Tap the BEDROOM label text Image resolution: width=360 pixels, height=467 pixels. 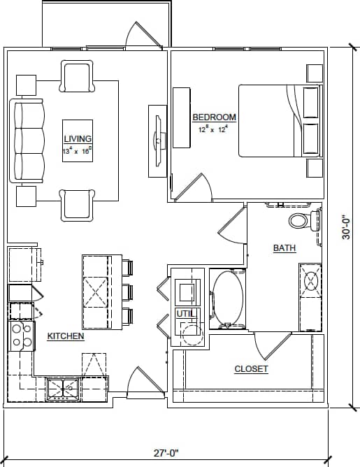point(214,117)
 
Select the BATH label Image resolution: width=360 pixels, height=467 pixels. point(285,248)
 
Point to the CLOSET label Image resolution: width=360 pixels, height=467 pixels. point(251,368)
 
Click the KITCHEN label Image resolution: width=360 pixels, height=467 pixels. point(66,336)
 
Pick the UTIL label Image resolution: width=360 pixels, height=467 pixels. point(185,313)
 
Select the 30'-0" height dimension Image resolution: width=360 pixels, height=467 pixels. point(346,227)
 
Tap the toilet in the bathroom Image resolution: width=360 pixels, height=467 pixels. point(300,222)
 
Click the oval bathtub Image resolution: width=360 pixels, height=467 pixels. point(228,299)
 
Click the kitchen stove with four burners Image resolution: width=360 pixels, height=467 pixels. point(21,335)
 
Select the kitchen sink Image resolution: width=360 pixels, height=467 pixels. point(63,388)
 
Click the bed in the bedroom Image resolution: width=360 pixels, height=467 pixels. point(278,121)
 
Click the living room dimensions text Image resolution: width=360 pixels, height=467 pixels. point(78,150)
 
